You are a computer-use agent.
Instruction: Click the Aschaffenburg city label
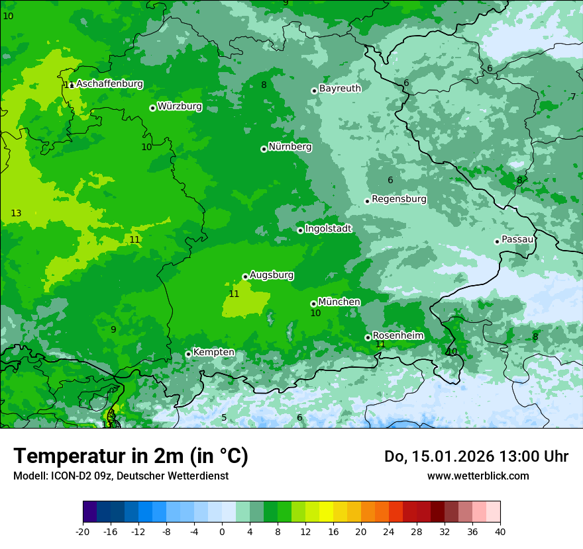109,84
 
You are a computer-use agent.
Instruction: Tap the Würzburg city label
180,106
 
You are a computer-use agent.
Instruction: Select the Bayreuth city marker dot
314,91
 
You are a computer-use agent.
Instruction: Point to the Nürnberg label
290,147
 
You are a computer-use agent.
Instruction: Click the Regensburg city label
399,199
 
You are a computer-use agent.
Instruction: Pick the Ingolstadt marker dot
300,230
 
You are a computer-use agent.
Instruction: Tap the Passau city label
517,239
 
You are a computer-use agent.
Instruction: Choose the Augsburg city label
272,275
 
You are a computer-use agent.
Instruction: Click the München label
339,302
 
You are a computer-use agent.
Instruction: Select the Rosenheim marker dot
368,337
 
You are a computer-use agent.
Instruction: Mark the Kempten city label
213,353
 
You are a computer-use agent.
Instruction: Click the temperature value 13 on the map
16,213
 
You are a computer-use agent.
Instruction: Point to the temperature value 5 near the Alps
224,417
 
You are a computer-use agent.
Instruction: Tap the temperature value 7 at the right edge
573,97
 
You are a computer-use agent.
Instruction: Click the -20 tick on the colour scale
83,531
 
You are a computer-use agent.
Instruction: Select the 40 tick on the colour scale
500,531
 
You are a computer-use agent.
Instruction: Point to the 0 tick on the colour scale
222,531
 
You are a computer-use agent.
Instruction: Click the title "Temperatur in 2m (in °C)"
131,456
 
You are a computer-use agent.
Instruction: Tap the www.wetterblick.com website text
478,476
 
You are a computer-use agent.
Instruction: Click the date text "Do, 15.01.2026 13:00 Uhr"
476,456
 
